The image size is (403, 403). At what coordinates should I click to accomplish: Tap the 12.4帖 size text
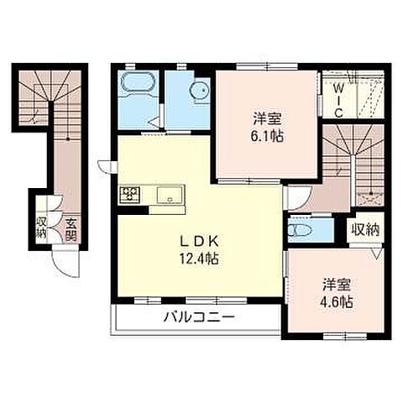click(x=199, y=259)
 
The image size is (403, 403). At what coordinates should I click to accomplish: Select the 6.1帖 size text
click(x=267, y=137)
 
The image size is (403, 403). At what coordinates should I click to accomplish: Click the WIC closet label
click(x=338, y=101)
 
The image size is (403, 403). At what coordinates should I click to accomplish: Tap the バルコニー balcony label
click(x=199, y=318)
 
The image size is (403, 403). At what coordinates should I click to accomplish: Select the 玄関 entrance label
click(x=71, y=229)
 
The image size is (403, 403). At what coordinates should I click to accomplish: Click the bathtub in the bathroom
click(x=138, y=81)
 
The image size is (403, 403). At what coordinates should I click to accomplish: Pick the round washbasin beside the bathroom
click(x=199, y=90)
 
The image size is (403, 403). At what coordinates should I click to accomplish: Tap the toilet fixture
click(x=300, y=231)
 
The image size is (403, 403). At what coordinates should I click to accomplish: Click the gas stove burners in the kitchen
click(x=130, y=195)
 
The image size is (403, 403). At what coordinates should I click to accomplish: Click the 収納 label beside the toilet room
click(x=365, y=230)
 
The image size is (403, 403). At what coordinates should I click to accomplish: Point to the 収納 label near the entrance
click(x=41, y=228)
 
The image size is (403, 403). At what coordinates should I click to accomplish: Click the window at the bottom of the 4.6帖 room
click(x=345, y=336)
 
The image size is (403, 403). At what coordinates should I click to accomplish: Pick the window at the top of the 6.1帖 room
click(x=267, y=66)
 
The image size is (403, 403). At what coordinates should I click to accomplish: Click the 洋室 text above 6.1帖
click(x=267, y=118)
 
